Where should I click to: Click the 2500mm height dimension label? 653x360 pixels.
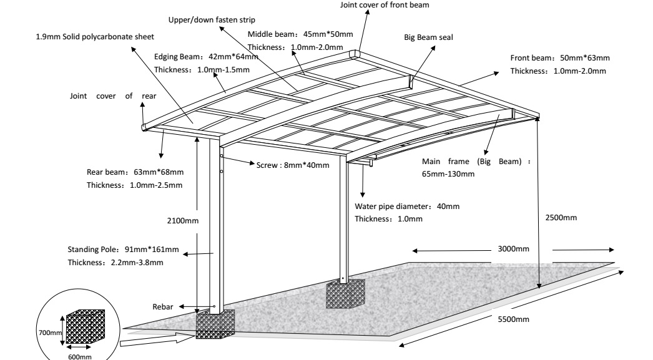(x=561, y=218)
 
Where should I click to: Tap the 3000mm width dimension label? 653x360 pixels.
(x=514, y=249)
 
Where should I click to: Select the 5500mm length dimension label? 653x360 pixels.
(x=514, y=319)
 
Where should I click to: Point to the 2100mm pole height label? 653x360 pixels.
(x=183, y=221)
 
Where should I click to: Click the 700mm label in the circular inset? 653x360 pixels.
(x=51, y=333)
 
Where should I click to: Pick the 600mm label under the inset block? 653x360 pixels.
(x=79, y=357)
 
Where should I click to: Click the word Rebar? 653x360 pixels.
(x=162, y=307)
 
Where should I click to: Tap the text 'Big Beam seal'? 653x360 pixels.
(x=428, y=37)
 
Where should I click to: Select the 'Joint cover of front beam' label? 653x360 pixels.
(x=385, y=5)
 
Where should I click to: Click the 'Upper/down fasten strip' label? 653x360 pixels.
(x=212, y=20)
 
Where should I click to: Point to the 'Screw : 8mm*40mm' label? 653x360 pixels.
(x=293, y=165)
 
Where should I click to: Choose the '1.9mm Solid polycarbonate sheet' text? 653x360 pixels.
(x=95, y=37)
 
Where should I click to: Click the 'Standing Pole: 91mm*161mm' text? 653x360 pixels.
(x=123, y=250)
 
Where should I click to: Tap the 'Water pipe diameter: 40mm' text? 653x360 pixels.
(x=407, y=207)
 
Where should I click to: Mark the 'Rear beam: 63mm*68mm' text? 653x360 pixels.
(x=135, y=172)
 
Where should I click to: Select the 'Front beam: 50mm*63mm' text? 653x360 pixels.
(x=560, y=58)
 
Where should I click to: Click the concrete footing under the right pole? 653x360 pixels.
(x=345, y=294)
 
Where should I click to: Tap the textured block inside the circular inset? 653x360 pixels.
(x=86, y=327)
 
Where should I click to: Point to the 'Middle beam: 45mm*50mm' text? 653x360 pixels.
(x=300, y=34)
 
